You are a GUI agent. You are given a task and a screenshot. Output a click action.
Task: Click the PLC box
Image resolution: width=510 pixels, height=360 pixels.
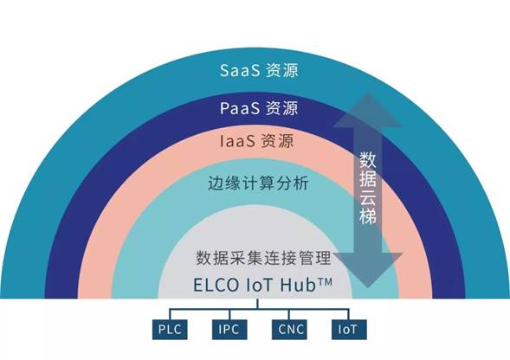[170, 330]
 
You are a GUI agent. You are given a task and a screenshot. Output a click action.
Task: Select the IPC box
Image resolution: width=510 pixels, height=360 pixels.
[229, 330]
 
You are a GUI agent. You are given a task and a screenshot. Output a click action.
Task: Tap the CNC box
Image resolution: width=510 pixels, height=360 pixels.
[289, 330]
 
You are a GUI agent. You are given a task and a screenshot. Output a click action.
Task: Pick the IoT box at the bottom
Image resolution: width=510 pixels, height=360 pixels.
[349, 330]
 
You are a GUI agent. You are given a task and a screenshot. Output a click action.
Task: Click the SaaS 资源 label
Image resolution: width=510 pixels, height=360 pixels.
[259, 70]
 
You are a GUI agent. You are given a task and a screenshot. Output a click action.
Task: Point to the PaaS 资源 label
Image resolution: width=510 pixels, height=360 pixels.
[259, 108]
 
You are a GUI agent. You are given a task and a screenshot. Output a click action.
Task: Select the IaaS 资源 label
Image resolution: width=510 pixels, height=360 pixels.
[257, 141]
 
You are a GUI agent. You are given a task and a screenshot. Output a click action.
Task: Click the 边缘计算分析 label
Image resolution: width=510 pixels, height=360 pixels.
[258, 183]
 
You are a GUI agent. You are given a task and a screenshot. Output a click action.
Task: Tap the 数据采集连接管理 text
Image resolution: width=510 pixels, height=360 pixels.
[263, 258]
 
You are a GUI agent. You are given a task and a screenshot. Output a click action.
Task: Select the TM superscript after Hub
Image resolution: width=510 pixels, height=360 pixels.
[325, 281]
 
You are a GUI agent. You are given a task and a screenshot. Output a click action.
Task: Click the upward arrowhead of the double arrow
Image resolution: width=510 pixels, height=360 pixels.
[368, 111]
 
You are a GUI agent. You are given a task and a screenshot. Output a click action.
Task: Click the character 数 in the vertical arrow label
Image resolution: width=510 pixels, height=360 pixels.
[368, 159]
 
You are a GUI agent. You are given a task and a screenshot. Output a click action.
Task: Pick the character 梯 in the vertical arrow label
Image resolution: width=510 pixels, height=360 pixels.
[368, 215]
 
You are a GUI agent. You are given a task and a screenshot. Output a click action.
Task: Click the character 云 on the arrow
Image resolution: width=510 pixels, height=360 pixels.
[368, 196]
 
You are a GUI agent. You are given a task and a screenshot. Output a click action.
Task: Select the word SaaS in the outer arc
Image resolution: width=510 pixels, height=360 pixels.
[240, 70]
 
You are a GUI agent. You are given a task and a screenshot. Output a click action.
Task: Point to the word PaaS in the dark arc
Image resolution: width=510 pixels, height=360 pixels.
[240, 108]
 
